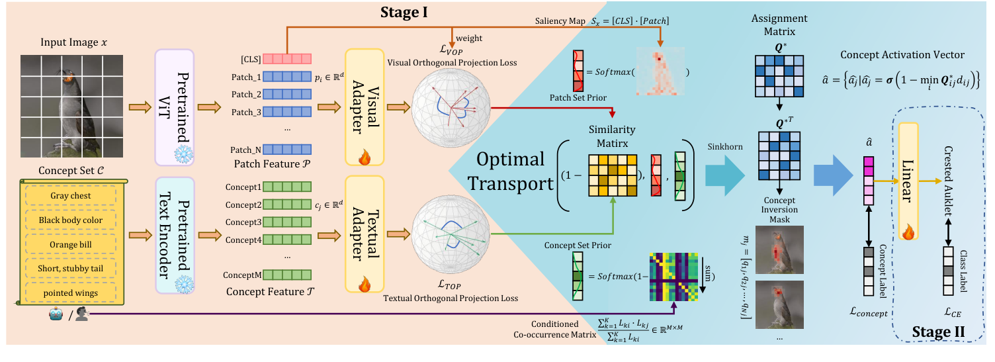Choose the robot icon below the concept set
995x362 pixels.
click(x=54, y=316)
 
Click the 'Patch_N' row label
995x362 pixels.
click(x=247, y=150)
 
